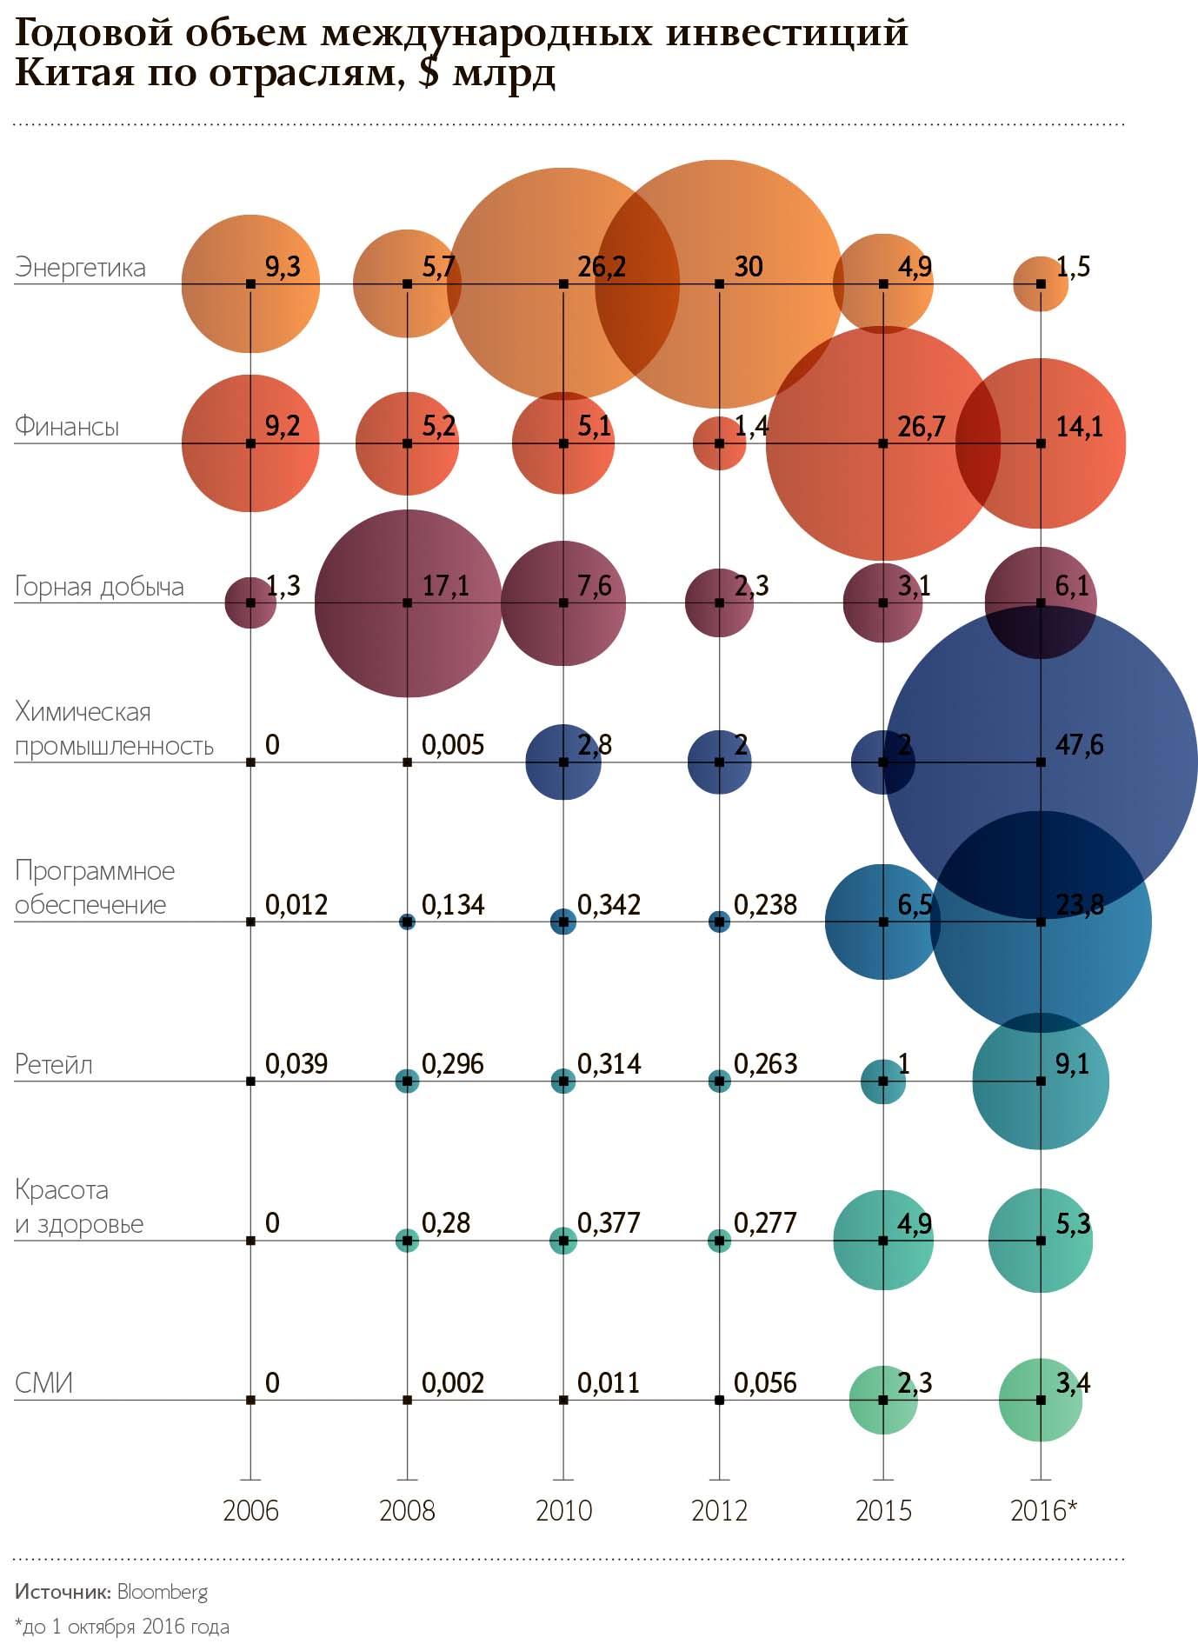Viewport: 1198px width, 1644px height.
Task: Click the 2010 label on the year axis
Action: coord(563,1510)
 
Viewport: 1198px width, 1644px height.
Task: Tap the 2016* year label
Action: coord(1043,1510)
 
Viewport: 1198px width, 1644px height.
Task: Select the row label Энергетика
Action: coord(80,267)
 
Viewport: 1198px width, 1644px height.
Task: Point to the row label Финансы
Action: coord(67,426)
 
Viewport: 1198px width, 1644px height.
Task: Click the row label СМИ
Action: coord(43,1382)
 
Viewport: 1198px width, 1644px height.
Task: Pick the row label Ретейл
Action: coord(54,1064)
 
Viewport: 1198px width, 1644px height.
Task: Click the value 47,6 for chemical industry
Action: coord(1079,745)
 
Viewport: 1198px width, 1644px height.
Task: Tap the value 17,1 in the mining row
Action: coord(446,586)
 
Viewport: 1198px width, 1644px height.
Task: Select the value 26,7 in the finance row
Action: coord(921,427)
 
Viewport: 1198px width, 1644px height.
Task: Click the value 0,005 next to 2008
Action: coord(453,745)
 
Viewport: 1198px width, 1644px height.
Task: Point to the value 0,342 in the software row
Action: coord(609,905)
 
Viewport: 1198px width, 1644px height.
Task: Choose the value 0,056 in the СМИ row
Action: coord(765,1383)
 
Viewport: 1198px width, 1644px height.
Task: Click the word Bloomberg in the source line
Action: coord(163,1592)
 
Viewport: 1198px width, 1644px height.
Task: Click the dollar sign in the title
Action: coord(428,72)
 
